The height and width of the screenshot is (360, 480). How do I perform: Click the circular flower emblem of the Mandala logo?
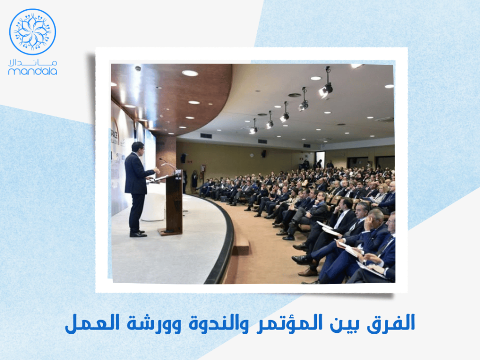coord(32,31)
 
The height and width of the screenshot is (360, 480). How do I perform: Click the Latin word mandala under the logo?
coord(32,71)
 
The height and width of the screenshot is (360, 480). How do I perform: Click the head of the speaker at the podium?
coord(136,147)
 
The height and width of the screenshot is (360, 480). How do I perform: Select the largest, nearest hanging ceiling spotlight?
coord(326,89)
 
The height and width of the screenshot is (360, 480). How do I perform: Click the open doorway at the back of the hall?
coord(320,159)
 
